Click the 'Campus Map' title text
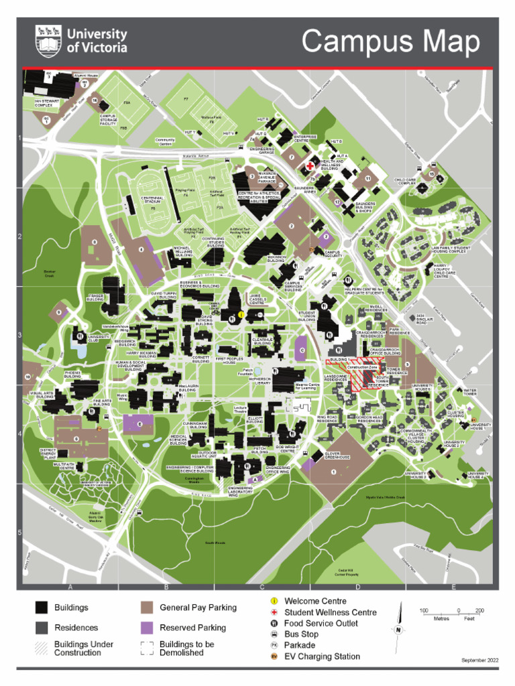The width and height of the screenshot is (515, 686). [390, 42]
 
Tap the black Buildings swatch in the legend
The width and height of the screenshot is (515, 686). [42, 608]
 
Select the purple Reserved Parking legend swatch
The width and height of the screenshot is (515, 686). [147, 628]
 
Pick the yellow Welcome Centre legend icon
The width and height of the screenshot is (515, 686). [274, 601]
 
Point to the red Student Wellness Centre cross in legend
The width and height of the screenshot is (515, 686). [274, 612]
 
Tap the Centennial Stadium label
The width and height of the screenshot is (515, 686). [152, 200]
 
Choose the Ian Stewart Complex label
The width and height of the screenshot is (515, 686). [47, 103]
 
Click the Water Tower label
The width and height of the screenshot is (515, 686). [469, 392]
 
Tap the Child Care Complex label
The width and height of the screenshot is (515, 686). [408, 182]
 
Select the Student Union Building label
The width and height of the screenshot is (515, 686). [307, 315]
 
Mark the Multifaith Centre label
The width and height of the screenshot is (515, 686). [64, 465]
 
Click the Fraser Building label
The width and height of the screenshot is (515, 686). [94, 297]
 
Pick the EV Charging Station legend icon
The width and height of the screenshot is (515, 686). [274, 657]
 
